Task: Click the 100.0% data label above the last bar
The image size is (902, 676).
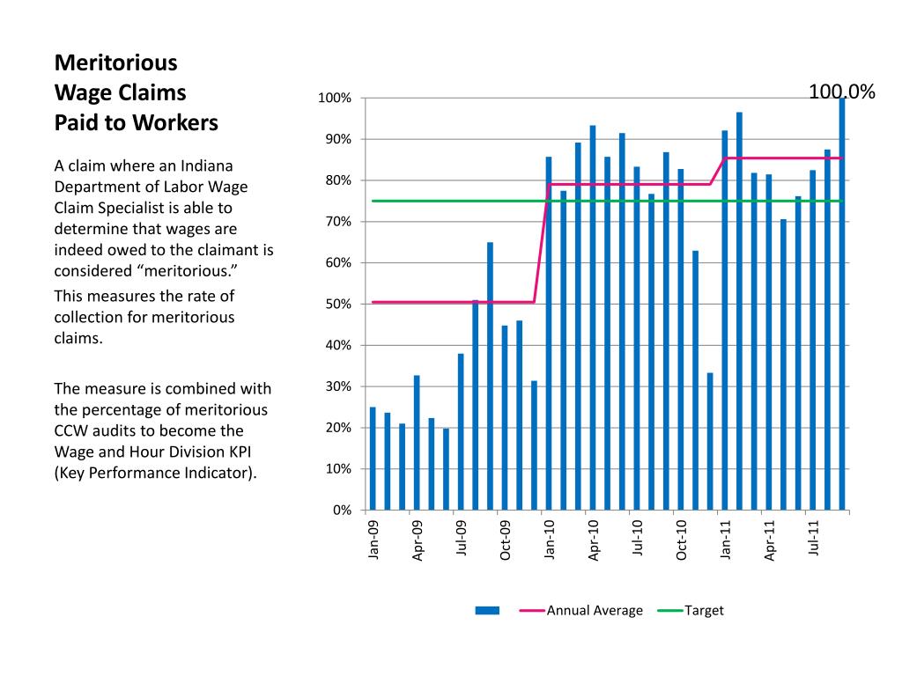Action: point(841,92)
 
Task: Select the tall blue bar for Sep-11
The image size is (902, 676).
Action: point(842,304)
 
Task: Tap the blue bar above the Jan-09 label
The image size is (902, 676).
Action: point(373,459)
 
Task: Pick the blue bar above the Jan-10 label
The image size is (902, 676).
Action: point(549,334)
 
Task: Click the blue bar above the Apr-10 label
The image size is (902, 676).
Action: point(593,318)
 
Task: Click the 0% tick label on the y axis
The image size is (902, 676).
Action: point(342,511)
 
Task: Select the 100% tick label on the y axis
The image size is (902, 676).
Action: point(335,99)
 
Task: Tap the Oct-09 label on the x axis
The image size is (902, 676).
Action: point(505,540)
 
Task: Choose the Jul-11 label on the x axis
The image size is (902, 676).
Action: point(813,538)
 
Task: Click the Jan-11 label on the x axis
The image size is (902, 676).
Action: point(725,540)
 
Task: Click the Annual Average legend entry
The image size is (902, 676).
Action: point(581,611)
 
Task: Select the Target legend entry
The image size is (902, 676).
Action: point(691,611)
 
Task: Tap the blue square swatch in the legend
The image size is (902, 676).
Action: point(487,611)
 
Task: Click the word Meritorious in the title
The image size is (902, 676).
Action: point(116,62)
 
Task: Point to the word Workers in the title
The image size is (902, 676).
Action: point(176,123)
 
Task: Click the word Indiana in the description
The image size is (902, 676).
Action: point(207,165)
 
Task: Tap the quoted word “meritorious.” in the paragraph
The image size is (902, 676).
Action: point(187,271)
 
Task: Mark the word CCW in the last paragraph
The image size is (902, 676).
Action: point(71,431)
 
